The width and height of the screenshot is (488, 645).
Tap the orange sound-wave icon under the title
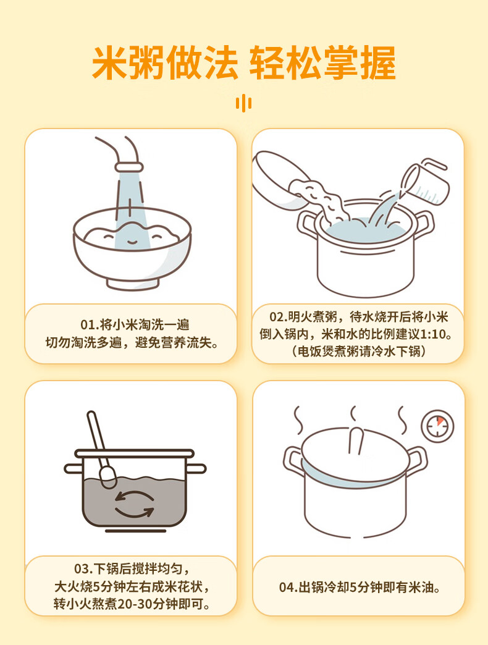pos(244,103)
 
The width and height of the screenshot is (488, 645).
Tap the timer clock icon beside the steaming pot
pos(437,426)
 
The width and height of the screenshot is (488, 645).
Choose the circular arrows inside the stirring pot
pos(134,504)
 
